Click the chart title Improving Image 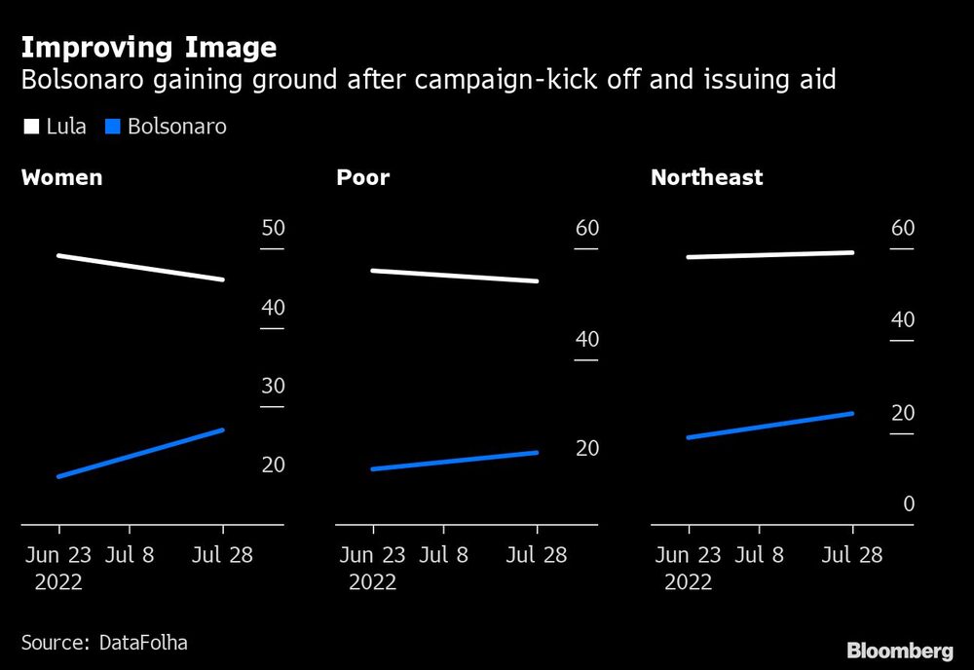click(148, 48)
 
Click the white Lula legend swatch click(30, 127)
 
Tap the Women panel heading click(61, 178)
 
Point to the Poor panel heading click(362, 178)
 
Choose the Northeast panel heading click(706, 178)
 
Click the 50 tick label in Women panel click(273, 229)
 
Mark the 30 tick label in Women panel click(273, 387)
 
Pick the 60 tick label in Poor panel click(586, 229)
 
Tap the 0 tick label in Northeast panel click(909, 504)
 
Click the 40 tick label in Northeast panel click(903, 320)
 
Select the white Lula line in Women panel click(141, 268)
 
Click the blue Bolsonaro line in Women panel click(141, 453)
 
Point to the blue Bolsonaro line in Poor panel click(455, 461)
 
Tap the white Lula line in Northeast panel click(769, 255)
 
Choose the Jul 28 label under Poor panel click(537, 555)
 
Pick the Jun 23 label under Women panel click(58, 555)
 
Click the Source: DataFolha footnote click(104, 643)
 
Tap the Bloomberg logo click(899, 651)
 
